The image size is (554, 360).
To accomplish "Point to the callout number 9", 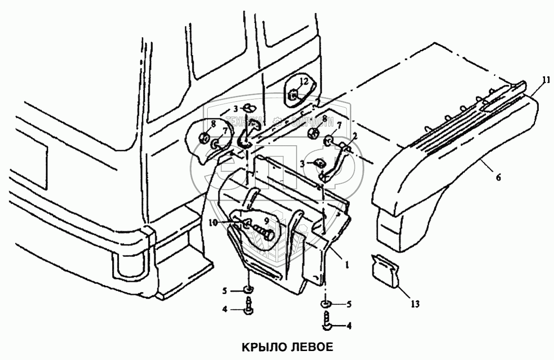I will (x=266, y=221).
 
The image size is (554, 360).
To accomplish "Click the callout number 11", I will (x=545, y=80).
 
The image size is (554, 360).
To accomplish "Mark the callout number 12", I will (x=304, y=81).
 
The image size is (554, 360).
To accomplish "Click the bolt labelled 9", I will (x=262, y=234).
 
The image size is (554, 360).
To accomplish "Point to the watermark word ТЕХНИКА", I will (x=243, y=121).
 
